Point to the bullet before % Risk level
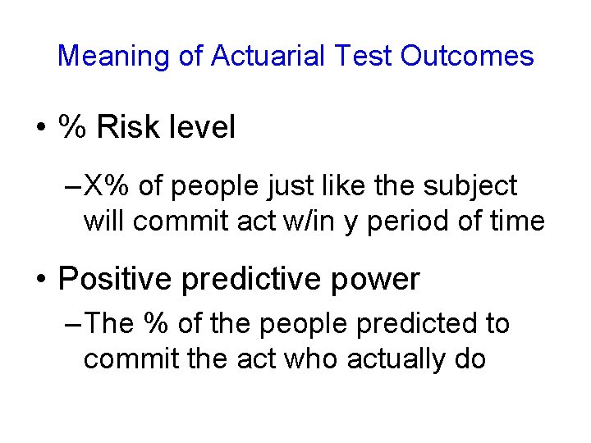point(39,129)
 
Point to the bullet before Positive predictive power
point(39,281)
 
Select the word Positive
point(112,280)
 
